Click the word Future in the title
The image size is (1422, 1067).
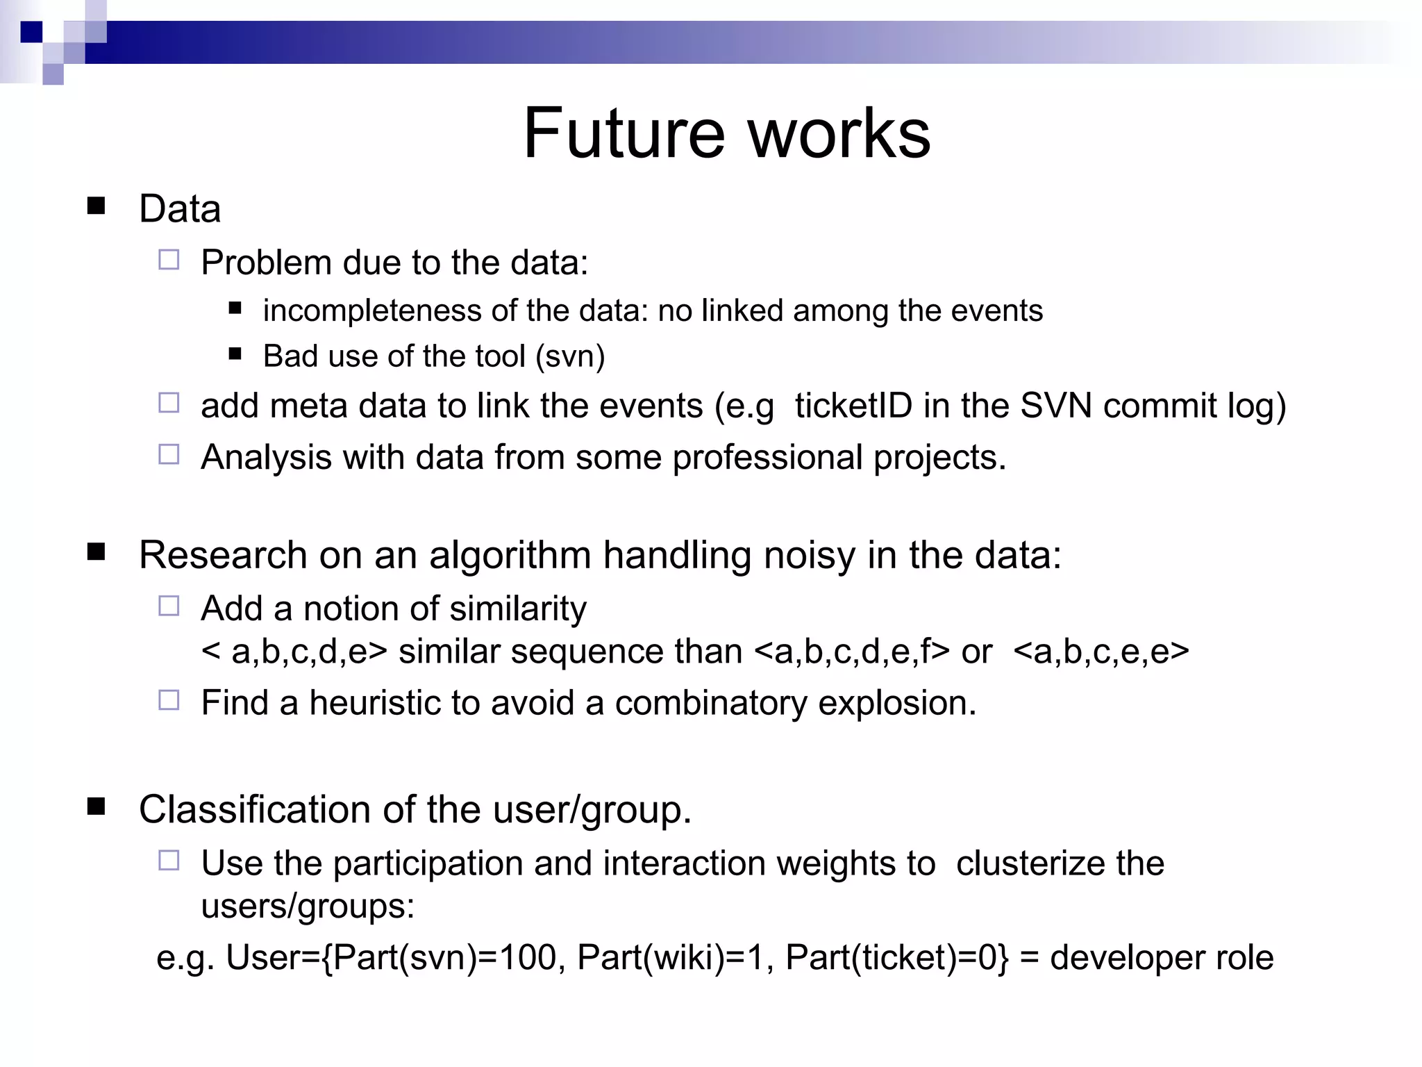tap(624, 133)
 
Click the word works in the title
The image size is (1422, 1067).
tap(839, 133)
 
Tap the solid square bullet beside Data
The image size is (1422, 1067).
tap(96, 206)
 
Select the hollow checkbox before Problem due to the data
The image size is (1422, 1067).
tap(169, 260)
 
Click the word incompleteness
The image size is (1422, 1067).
tap(371, 311)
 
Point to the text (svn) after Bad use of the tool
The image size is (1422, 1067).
tap(570, 356)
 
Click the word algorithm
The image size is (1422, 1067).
tap(510, 556)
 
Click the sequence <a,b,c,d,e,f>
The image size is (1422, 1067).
tap(851, 652)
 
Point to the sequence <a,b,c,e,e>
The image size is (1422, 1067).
tap(1101, 652)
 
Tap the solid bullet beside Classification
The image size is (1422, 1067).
tap(96, 807)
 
